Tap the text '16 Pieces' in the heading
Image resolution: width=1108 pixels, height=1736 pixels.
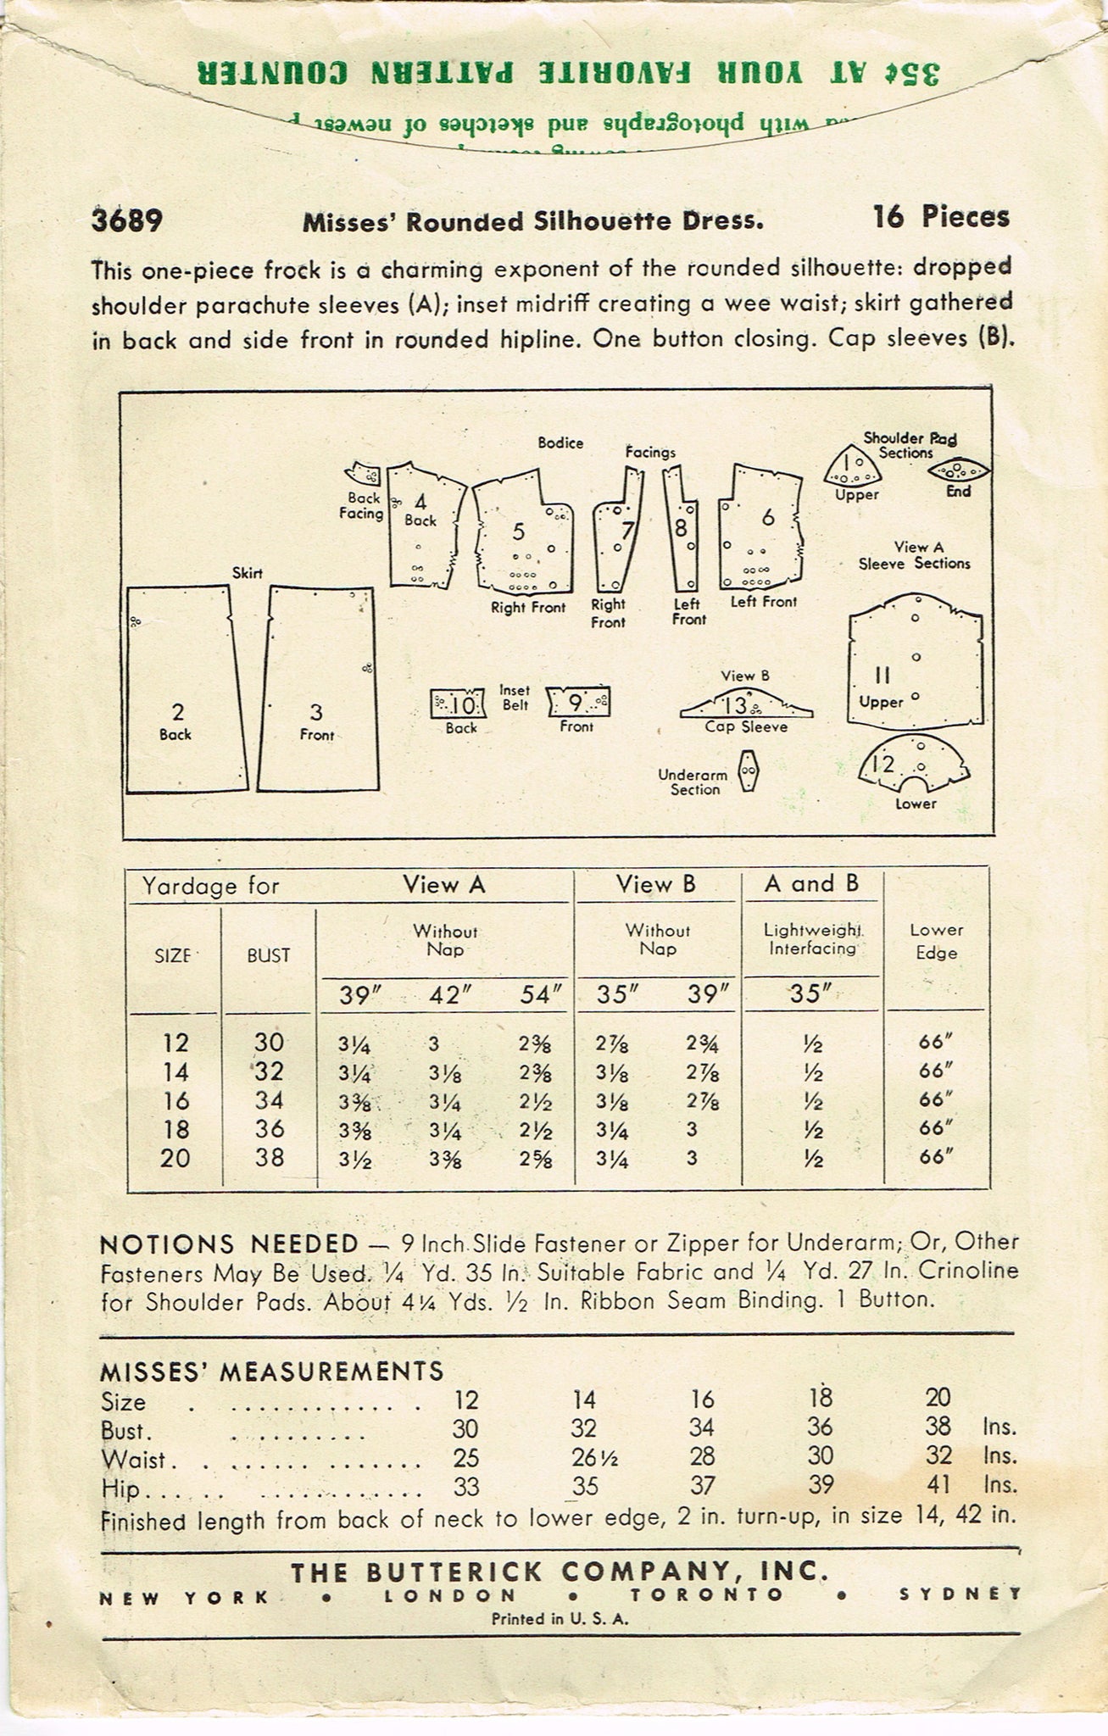click(941, 218)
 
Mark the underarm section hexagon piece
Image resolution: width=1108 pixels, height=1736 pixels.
click(747, 770)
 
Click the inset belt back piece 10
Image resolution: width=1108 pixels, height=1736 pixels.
click(459, 703)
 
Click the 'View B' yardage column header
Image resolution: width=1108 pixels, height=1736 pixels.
click(656, 885)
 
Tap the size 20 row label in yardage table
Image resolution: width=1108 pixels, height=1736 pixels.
click(175, 1158)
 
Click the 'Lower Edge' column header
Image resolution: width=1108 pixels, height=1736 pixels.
click(937, 941)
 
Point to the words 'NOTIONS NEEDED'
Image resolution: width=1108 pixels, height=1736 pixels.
click(229, 1244)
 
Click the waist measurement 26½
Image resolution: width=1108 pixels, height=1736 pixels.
click(584, 1458)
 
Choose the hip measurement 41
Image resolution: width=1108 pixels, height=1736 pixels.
click(938, 1485)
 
